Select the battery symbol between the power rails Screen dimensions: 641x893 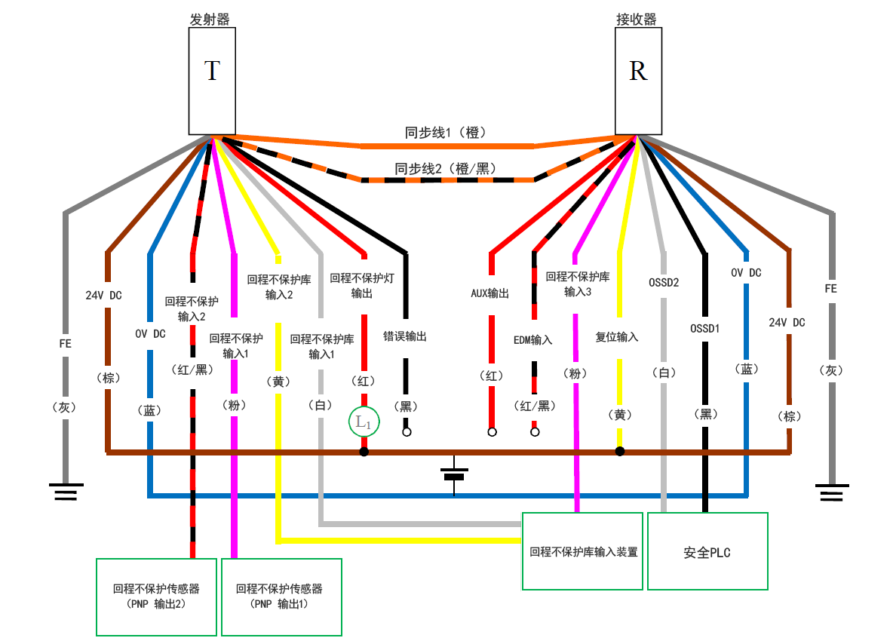(x=454, y=475)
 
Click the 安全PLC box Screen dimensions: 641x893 (x=707, y=552)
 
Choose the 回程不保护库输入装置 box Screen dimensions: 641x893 (x=582, y=551)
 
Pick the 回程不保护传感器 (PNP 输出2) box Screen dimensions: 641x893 (x=156, y=597)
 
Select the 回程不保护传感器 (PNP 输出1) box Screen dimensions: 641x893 (x=281, y=597)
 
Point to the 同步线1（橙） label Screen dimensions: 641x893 (x=446, y=133)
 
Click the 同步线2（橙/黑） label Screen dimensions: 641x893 (x=446, y=168)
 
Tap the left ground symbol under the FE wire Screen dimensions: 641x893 (x=66, y=492)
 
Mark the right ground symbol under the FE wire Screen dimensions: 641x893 (x=832, y=492)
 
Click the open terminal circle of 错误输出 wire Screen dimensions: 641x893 (x=407, y=433)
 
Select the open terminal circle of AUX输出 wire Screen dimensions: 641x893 (x=492, y=433)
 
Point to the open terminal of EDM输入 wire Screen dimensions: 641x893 (x=535, y=433)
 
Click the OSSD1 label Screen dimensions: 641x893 (x=705, y=328)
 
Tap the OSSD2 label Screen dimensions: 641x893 (x=664, y=283)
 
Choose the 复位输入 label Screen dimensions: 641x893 (x=617, y=337)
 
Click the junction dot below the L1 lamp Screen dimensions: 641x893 (x=364, y=452)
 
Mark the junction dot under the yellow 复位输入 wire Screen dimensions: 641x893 (x=620, y=452)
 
